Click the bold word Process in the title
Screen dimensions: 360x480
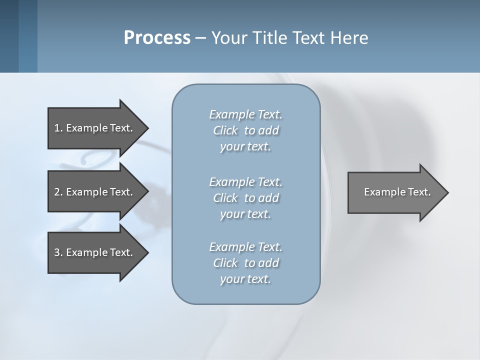157,38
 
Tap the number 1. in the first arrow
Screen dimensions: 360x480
58,128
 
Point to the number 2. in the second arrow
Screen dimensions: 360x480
58,192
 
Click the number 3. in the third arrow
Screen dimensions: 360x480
58,252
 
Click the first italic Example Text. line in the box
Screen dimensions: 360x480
245,114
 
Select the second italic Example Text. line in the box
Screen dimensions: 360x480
245,182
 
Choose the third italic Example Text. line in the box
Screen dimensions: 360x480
245,247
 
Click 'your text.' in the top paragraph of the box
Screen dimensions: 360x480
245,147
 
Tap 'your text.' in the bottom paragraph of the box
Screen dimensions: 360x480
245,279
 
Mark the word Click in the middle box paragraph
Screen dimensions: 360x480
225,198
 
